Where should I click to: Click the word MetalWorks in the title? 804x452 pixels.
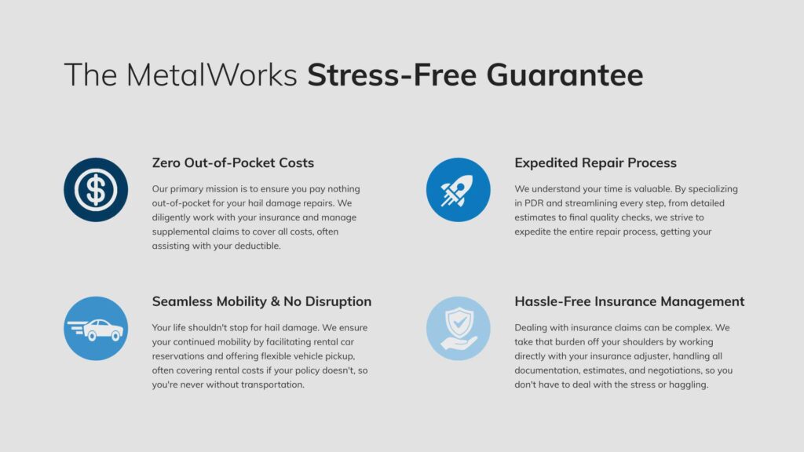(211, 75)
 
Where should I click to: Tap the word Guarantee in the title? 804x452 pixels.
(565, 75)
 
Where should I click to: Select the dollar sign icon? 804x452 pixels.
(96, 190)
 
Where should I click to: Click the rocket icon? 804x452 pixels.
(458, 190)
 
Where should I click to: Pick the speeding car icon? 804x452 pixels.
(96, 329)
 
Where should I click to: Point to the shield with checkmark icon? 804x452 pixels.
(458, 329)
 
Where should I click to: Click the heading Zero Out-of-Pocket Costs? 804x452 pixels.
(232, 163)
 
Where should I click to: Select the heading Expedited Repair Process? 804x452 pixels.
(595, 163)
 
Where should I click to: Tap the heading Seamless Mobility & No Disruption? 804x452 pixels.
(261, 301)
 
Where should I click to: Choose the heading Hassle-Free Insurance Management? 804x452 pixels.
(629, 301)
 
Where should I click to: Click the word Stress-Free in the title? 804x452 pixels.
(392, 75)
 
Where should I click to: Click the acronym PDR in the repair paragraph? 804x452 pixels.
(534, 203)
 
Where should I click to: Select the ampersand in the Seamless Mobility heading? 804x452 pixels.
(276, 301)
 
